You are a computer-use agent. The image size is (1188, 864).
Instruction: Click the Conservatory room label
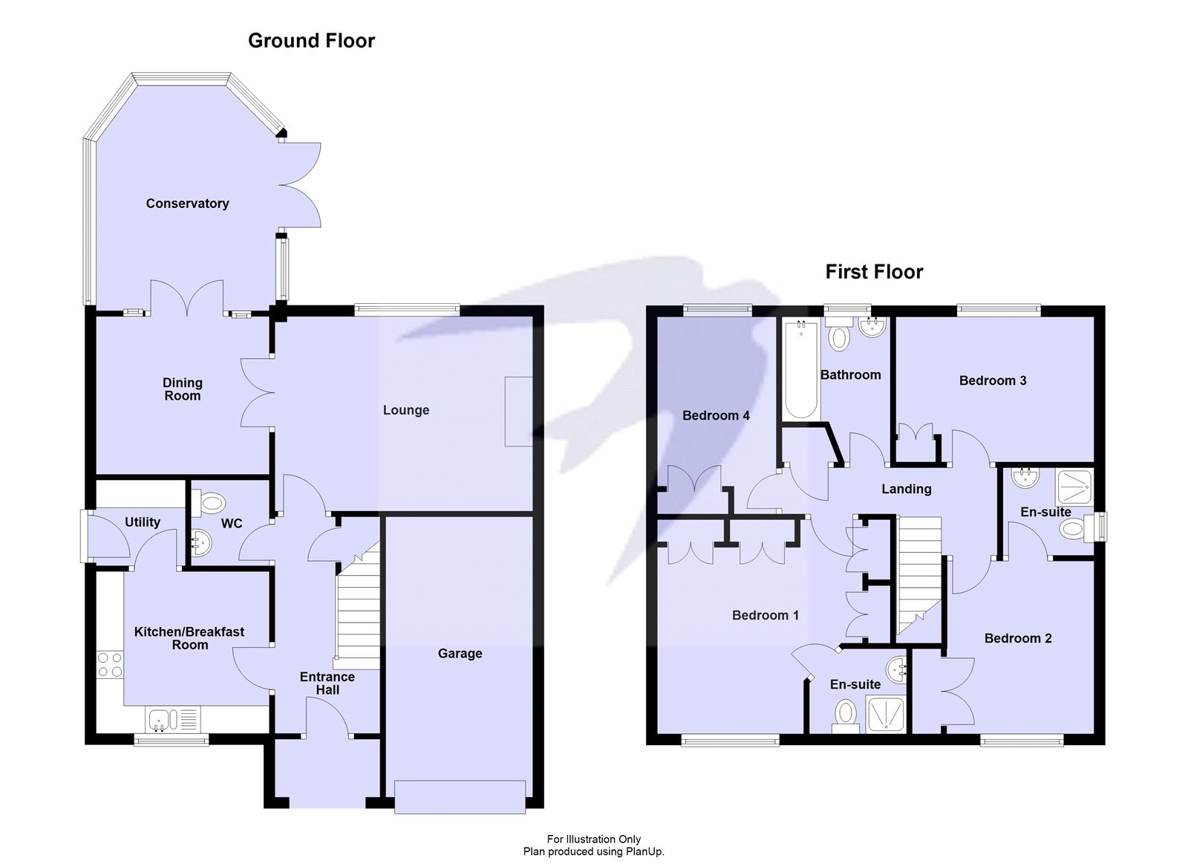click(x=187, y=204)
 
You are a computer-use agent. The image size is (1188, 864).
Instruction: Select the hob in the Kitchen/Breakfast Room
click(x=110, y=665)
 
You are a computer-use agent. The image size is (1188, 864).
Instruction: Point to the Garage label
click(x=460, y=654)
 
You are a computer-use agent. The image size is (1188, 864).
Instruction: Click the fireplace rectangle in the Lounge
click(x=518, y=412)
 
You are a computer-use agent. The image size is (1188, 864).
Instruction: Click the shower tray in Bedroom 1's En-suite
click(x=886, y=715)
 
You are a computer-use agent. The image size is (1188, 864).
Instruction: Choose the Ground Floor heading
click(x=311, y=41)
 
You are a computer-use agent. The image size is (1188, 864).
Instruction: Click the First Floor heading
click(x=874, y=272)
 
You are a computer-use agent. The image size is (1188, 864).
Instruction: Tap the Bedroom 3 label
click(x=992, y=381)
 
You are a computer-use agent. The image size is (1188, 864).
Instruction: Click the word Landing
click(x=906, y=489)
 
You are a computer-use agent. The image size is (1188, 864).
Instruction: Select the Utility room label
click(x=142, y=522)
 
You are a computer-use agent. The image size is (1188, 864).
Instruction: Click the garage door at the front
click(x=460, y=797)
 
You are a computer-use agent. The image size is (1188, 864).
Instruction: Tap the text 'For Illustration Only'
click(x=593, y=839)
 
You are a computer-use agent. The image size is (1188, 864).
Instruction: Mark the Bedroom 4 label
click(x=716, y=416)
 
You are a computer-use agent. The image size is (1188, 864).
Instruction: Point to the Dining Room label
click(x=182, y=389)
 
